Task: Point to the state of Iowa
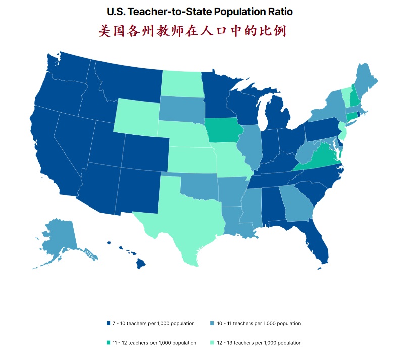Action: click(220, 131)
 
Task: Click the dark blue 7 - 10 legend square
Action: click(108, 323)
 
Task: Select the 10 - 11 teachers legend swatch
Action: click(212, 323)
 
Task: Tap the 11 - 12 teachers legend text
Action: click(154, 343)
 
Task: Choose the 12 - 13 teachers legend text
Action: click(259, 343)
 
